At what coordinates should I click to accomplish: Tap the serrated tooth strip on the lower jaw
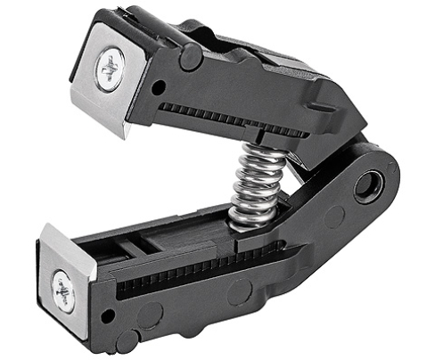pos(205,264)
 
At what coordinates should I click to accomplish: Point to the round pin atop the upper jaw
pos(190,56)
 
